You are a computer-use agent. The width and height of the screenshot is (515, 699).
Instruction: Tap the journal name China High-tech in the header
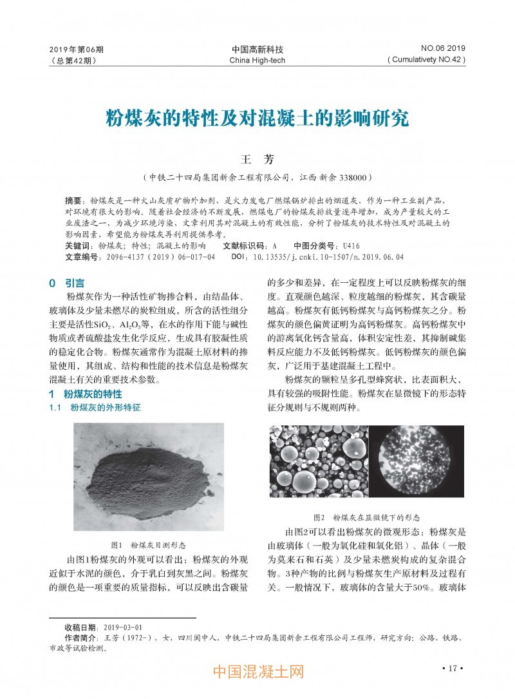(x=257, y=61)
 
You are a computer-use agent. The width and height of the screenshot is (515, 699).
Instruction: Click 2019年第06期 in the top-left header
(x=76, y=49)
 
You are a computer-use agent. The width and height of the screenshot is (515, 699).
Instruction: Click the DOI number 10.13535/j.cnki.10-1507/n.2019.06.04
(x=335, y=256)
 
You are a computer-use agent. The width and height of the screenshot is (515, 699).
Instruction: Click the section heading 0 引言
(x=66, y=283)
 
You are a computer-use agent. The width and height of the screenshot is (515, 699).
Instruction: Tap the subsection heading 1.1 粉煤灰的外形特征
(x=95, y=408)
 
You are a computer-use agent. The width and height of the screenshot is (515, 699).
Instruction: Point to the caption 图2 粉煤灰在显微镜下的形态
(x=367, y=517)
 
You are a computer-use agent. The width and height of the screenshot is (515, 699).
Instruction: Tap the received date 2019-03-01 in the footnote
(x=122, y=627)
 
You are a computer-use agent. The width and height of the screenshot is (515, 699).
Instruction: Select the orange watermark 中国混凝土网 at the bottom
(x=257, y=672)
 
